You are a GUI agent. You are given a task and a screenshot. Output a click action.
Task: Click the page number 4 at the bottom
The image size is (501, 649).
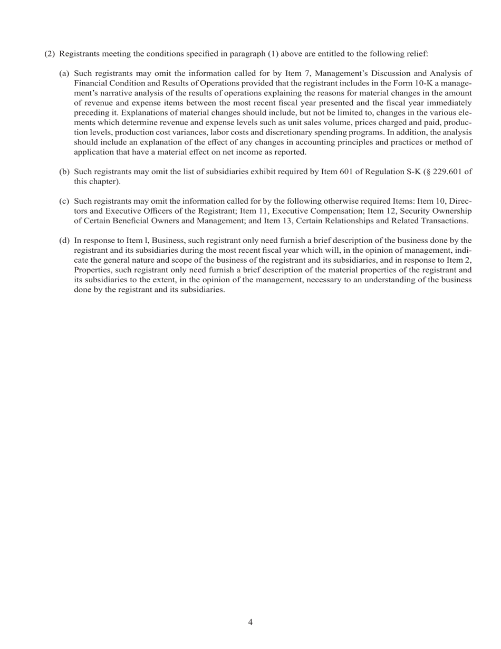250,623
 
